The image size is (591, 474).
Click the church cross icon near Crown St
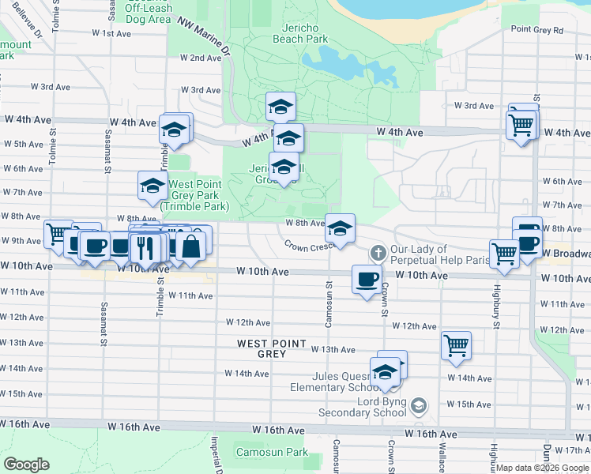(378, 253)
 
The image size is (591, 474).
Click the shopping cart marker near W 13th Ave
(456, 345)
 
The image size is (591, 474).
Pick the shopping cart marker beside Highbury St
(504, 254)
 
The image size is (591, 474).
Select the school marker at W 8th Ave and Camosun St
(341, 229)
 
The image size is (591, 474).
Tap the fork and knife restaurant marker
(144, 249)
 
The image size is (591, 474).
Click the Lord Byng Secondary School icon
(418, 406)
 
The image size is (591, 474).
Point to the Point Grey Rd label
(537, 29)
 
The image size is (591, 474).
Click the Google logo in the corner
(26, 465)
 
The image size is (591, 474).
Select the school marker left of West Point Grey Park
(152, 186)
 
